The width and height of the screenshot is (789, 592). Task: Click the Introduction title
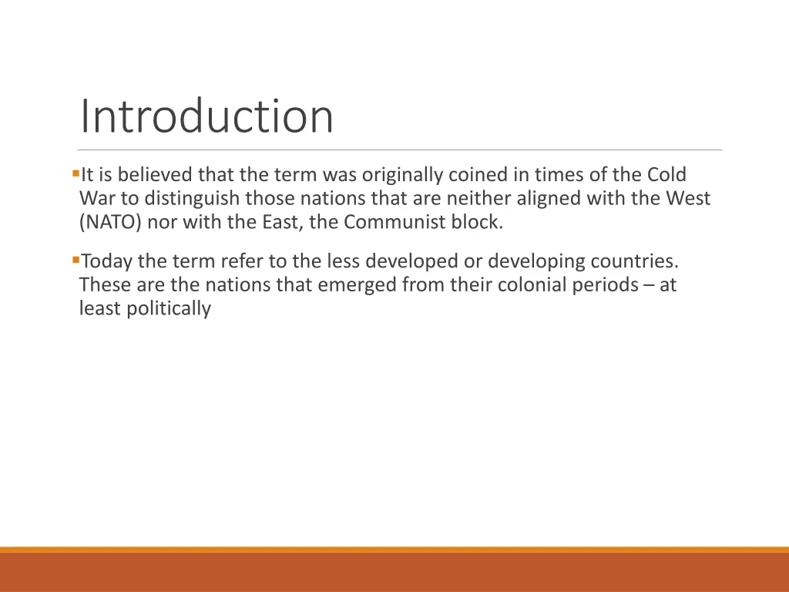pyautogui.click(x=206, y=117)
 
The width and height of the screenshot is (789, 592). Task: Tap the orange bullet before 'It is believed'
pyautogui.click(x=75, y=173)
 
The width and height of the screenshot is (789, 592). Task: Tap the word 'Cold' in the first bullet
pyautogui.click(x=666, y=175)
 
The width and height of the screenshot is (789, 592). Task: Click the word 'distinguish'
pyautogui.click(x=192, y=199)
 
